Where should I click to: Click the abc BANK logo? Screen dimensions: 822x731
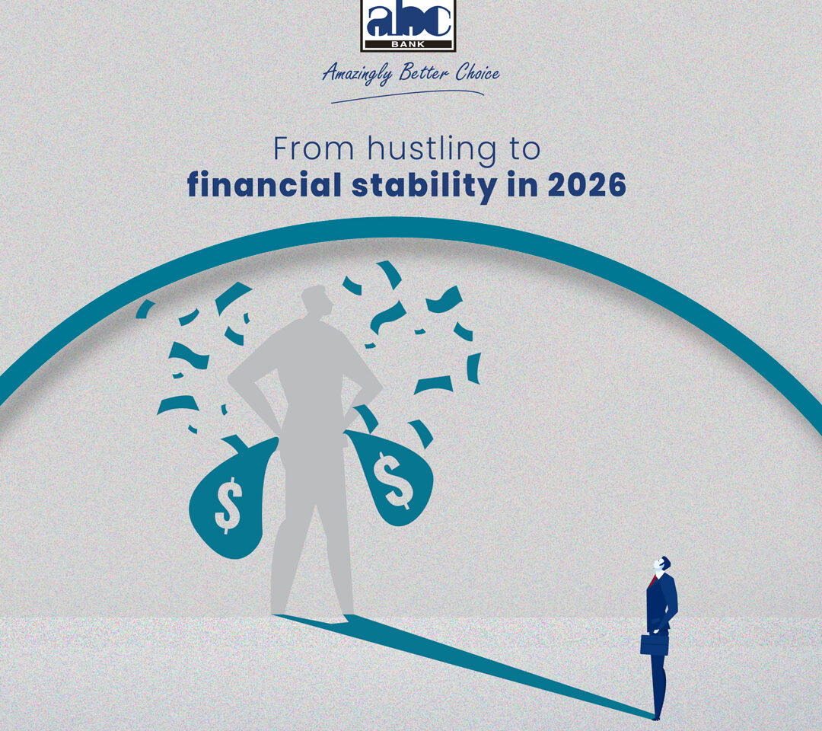click(408, 25)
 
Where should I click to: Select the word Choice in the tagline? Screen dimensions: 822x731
click(477, 72)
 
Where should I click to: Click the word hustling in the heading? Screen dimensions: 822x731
click(432, 150)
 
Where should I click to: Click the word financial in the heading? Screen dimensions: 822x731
click(264, 184)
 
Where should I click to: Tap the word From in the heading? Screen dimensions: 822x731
click(314, 149)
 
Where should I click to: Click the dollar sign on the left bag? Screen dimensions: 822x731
click(228, 504)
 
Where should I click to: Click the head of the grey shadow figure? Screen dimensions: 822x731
click(317, 301)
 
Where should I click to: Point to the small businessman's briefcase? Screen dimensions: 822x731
click(655, 643)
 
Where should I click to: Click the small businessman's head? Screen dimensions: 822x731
click(662, 564)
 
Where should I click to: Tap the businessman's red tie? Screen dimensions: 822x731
click(652, 581)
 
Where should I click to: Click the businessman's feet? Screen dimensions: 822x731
click(656, 715)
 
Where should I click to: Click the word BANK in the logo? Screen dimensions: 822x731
click(408, 45)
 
